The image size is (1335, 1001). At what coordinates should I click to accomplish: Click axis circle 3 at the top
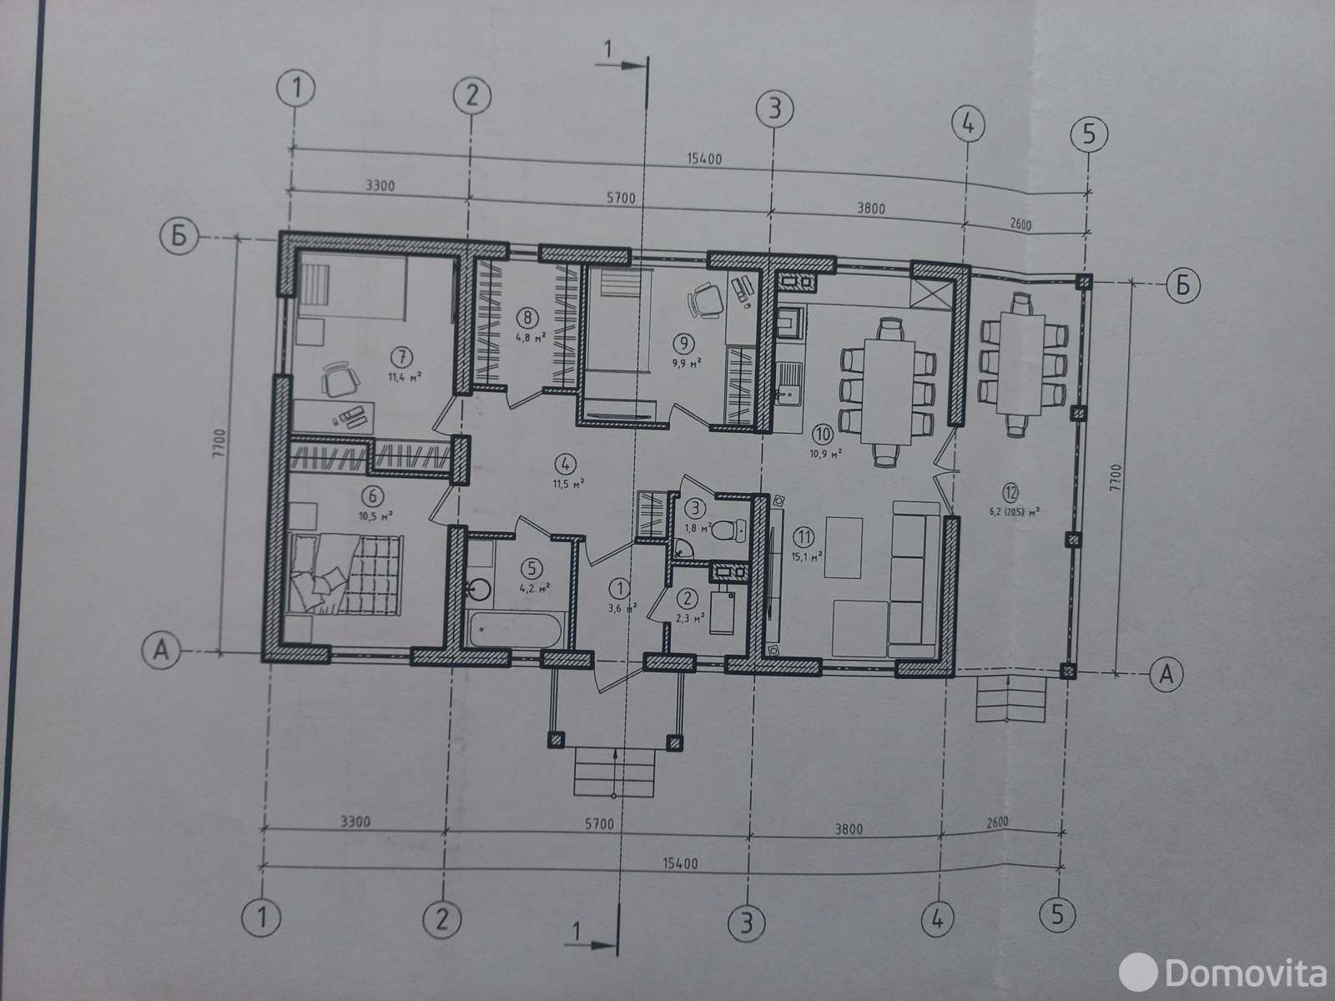774,109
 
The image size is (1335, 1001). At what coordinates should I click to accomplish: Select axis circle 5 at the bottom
1058,915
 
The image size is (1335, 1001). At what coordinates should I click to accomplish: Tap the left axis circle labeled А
162,651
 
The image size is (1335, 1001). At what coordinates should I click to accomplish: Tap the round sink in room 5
478,589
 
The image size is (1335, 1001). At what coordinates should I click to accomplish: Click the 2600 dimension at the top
1020,224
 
